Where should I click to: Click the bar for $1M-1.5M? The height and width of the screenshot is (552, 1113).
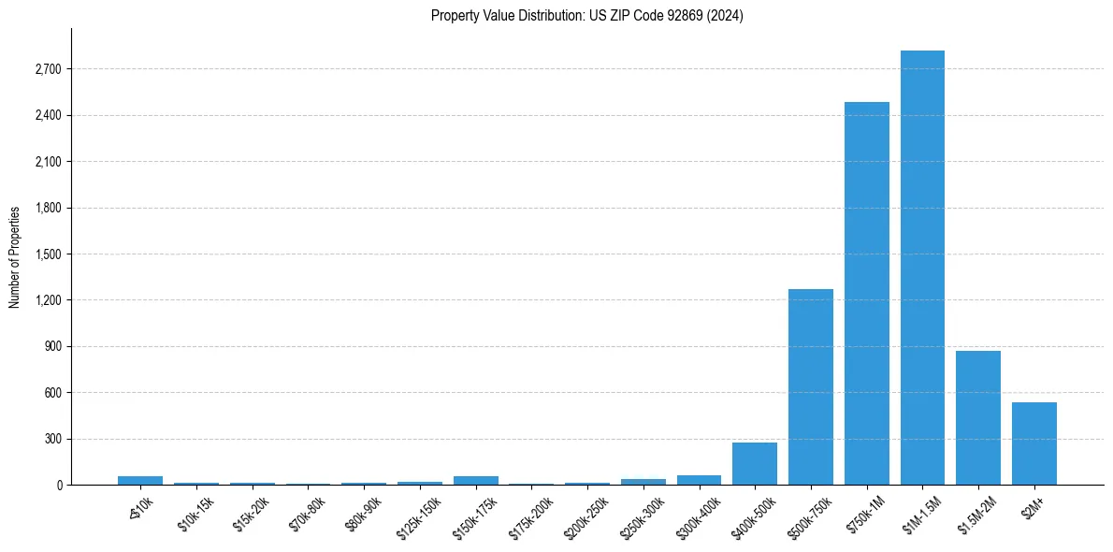(x=922, y=268)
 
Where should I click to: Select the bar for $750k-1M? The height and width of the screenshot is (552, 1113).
(x=866, y=293)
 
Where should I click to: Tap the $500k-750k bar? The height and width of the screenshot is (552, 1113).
(x=810, y=386)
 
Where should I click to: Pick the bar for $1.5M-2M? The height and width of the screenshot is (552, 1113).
(x=977, y=417)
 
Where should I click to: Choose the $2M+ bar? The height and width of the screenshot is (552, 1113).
(x=1033, y=443)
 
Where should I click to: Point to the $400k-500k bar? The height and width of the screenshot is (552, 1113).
(x=754, y=463)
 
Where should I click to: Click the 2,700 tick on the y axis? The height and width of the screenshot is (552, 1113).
(x=48, y=69)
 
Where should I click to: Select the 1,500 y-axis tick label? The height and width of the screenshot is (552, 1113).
(x=48, y=254)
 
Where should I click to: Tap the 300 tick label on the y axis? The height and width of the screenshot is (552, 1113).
(x=52, y=439)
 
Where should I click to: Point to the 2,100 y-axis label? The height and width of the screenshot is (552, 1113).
(x=48, y=162)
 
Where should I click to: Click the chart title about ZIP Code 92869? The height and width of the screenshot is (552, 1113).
(x=587, y=16)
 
